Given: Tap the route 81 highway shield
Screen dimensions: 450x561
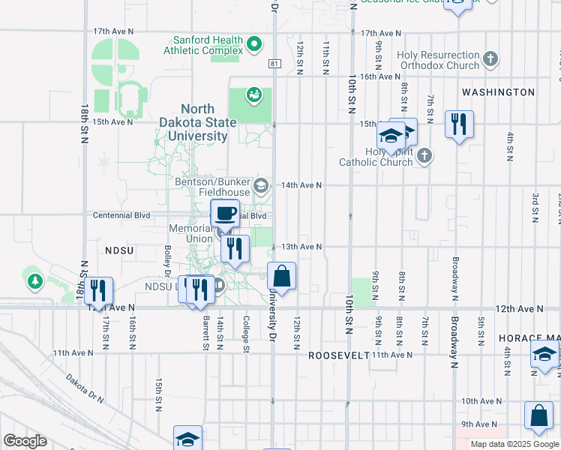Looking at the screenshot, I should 275,64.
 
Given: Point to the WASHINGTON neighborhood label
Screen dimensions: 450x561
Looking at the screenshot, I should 498,92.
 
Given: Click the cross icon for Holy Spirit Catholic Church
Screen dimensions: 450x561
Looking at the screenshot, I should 425,156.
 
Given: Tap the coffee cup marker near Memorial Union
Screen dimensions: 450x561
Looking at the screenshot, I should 225,214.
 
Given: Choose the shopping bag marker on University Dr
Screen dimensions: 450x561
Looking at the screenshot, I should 281,277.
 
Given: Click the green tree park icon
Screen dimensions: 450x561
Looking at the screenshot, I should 34,281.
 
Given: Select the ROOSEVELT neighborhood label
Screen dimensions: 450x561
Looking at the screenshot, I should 339,355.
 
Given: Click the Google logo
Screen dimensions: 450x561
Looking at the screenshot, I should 25,441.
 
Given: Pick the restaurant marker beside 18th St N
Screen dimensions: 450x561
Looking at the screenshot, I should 98,291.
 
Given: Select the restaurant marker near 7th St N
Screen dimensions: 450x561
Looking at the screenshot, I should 459,123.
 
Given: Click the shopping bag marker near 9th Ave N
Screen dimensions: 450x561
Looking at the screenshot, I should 538,416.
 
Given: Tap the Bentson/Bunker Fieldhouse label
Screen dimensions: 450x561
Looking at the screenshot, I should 212,187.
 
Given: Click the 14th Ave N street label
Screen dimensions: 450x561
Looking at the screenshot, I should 301,185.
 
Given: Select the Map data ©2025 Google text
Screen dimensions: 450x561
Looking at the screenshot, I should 514,444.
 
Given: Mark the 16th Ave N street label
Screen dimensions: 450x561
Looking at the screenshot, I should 379,76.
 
